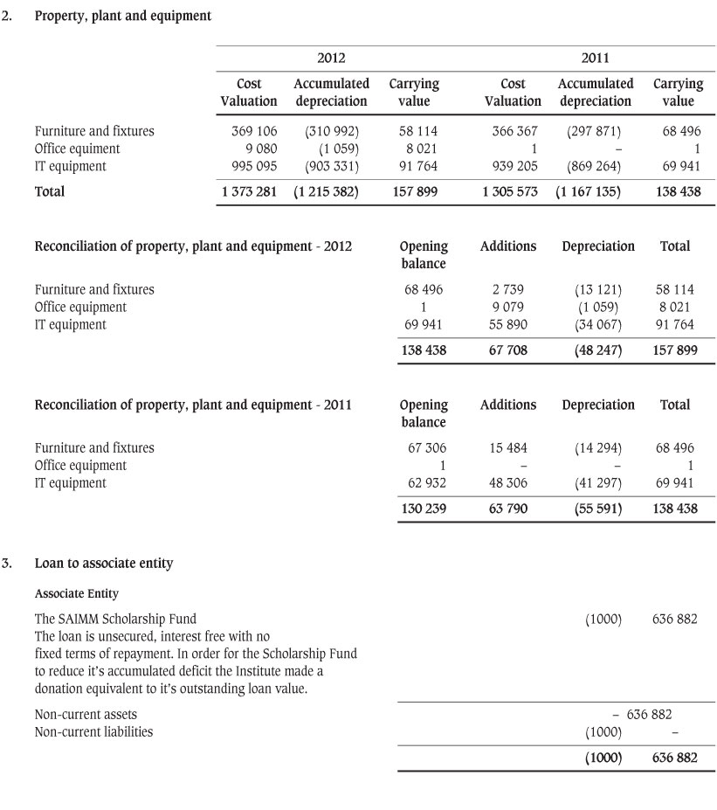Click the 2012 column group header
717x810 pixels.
331,59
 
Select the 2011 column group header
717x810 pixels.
596,59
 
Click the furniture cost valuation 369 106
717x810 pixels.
253,131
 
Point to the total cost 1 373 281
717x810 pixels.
250,191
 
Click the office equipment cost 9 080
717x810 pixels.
261,149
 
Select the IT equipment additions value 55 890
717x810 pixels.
508,324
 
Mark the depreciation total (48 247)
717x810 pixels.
598,350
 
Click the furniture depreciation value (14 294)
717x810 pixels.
598,448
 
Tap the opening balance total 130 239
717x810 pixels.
424,508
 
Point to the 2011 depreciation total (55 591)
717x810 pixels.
598,508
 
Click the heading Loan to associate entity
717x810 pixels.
103,564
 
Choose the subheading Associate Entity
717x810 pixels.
76,594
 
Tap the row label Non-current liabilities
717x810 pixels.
93,732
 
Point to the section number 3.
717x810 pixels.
7,564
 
